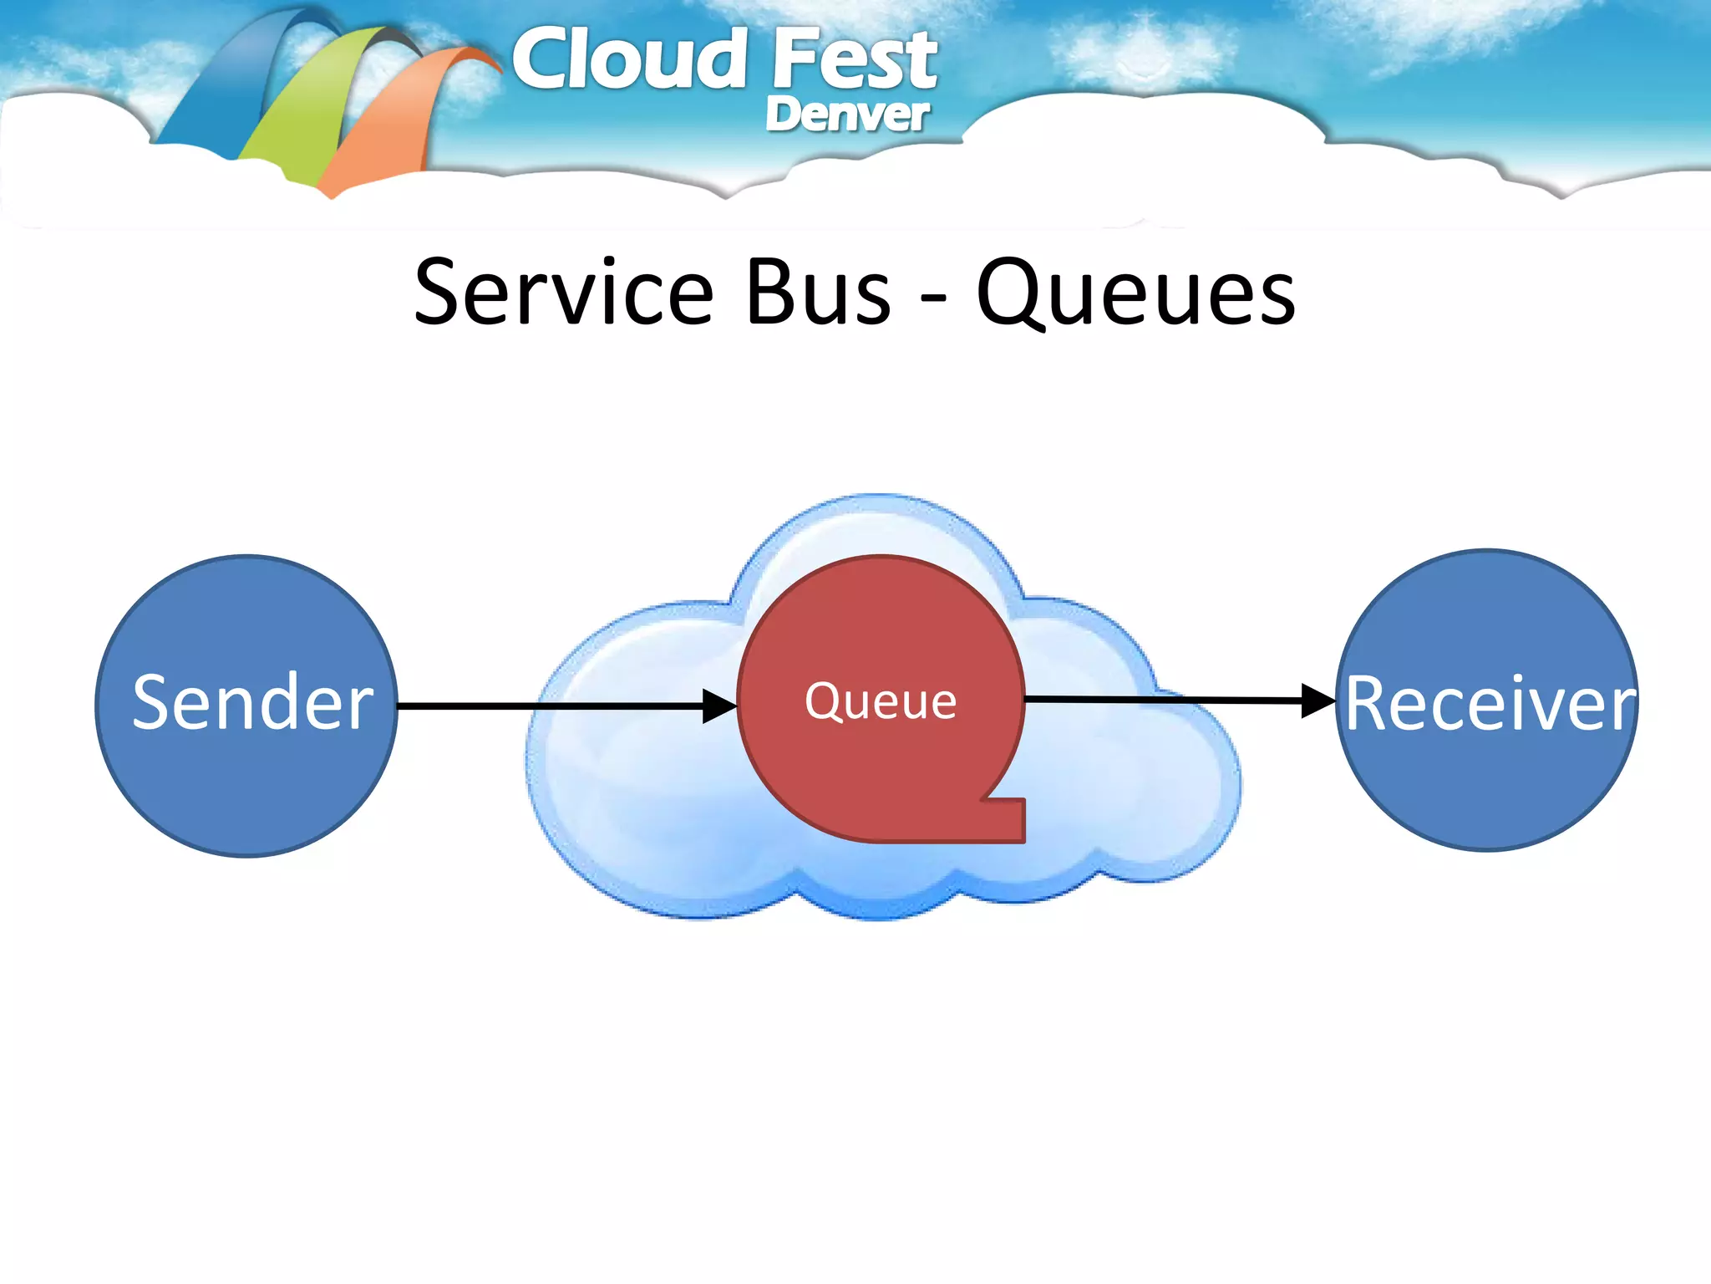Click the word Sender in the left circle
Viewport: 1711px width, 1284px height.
click(x=252, y=703)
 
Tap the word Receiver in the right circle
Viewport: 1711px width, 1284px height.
click(x=1490, y=705)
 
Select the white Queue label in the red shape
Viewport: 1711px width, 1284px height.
click(x=881, y=701)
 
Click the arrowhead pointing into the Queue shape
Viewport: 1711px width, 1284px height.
click(x=719, y=706)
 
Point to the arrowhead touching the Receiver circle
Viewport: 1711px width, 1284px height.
click(x=1318, y=701)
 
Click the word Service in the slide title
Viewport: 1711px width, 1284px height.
click(x=563, y=293)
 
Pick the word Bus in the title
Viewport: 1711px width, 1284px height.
click(x=819, y=293)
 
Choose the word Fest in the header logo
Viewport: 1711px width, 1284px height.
click(x=854, y=60)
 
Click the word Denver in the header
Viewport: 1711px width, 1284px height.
click(x=846, y=115)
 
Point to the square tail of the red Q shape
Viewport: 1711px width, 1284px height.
click(x=1002, y=820)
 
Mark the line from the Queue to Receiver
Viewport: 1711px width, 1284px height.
click(x=1161, y=700)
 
